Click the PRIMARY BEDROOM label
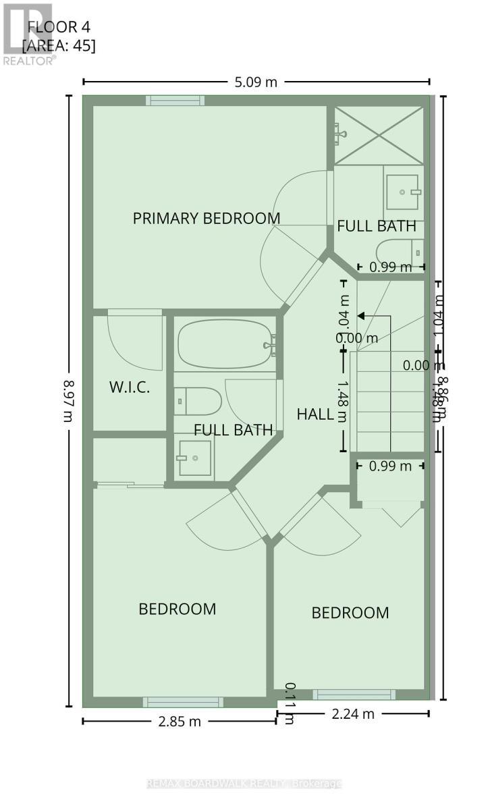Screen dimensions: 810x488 206,218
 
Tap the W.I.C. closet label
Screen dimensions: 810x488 128,387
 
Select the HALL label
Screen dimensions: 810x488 315,414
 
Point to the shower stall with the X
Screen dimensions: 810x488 379,135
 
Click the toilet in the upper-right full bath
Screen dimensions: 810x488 399,251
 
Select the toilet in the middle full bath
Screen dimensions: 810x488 197,402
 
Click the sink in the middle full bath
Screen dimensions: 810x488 194,458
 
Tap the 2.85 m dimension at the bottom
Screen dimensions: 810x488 179,721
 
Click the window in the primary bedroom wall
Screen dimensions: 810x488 175,101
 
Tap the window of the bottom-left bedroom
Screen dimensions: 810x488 183,702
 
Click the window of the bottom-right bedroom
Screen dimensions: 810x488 354,694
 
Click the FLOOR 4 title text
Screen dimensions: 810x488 59,27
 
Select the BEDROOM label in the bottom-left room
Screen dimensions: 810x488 177,609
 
